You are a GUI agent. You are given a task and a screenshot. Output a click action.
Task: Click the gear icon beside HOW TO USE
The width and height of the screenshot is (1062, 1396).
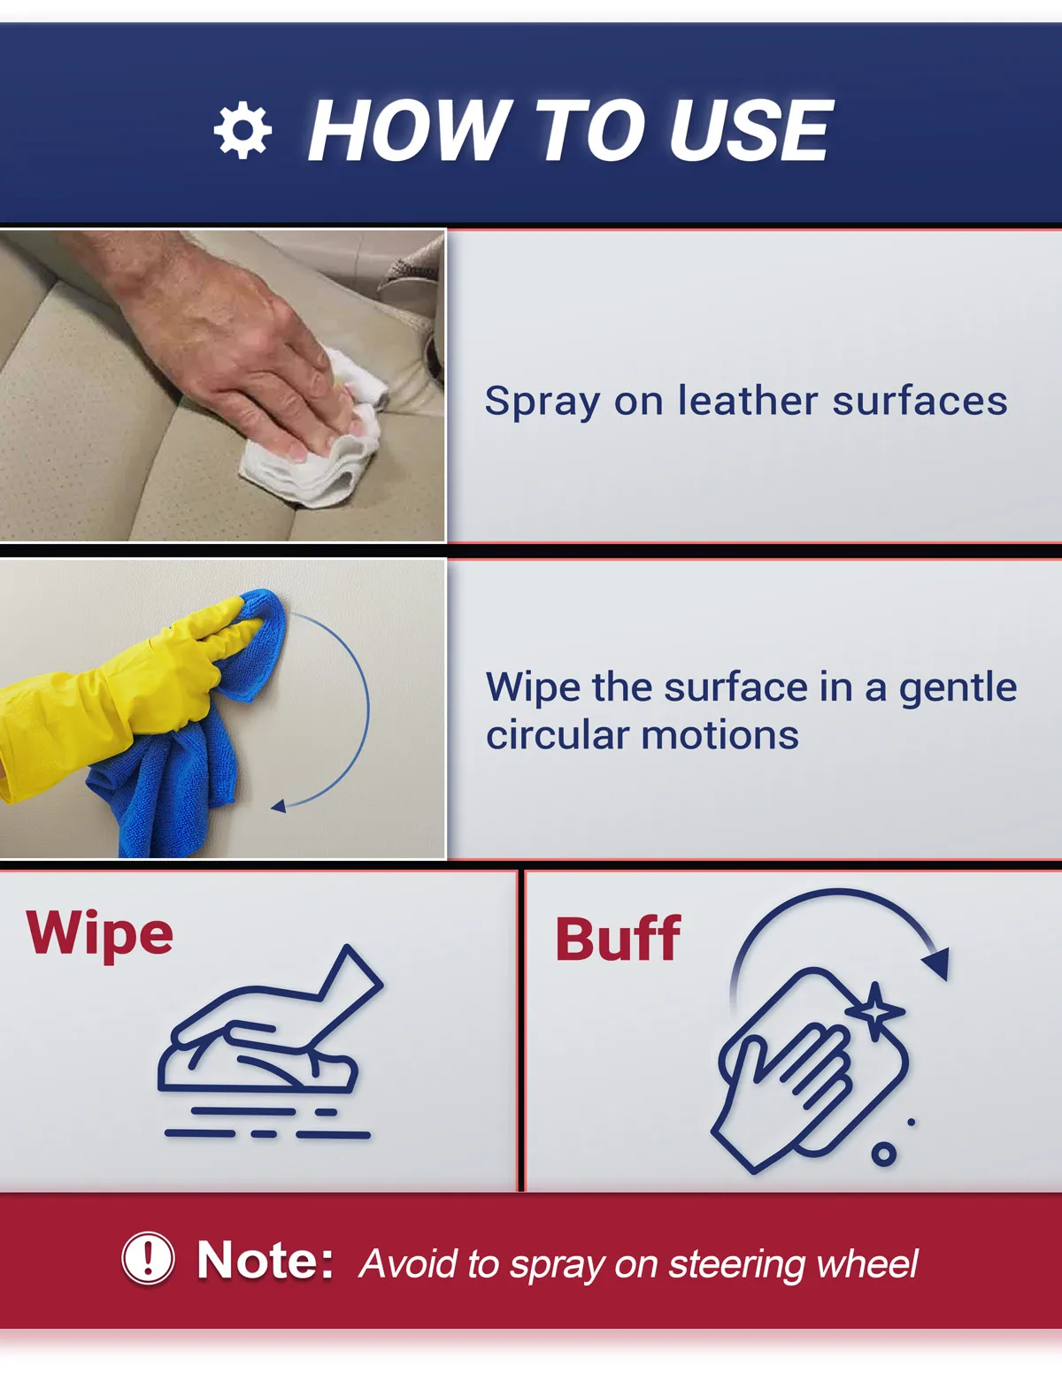pos(242,130)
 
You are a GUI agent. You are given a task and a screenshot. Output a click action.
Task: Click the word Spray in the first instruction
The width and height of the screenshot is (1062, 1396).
pos(542,403)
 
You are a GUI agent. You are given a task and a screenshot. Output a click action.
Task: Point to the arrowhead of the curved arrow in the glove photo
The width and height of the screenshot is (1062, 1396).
pos(279,807)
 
